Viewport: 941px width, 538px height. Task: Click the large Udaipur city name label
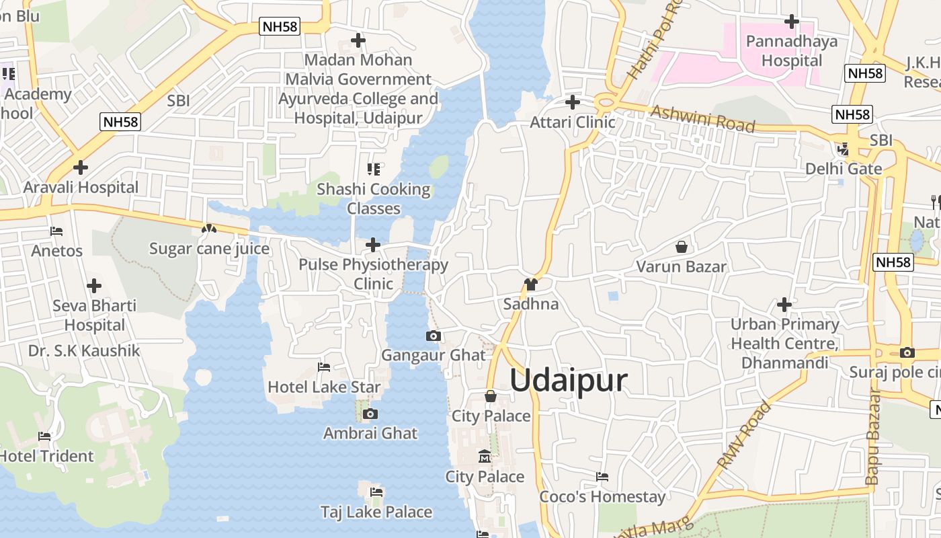569,381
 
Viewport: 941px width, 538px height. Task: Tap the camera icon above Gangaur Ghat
434,336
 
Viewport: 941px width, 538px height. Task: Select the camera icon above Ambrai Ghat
370,414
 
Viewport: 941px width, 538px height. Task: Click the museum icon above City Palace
485,457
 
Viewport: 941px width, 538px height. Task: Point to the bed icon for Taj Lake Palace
376,492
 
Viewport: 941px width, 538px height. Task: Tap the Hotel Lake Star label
324,387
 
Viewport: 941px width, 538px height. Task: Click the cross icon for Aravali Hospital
81,167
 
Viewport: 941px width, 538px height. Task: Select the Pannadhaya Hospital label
792,51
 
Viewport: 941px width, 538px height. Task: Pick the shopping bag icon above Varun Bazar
682,247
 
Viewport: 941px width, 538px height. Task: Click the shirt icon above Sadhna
531,284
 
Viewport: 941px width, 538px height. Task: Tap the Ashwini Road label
703,119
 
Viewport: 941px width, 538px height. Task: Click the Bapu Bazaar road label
872,436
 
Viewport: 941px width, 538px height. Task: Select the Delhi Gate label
844,168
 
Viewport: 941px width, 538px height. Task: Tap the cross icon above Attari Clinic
573,102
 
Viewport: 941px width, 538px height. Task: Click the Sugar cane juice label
209,249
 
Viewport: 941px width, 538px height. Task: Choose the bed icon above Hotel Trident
44,436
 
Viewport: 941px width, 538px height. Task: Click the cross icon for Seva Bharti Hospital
94,286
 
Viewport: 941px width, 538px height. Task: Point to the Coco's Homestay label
602,497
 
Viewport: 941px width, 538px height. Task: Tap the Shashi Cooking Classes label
374,199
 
